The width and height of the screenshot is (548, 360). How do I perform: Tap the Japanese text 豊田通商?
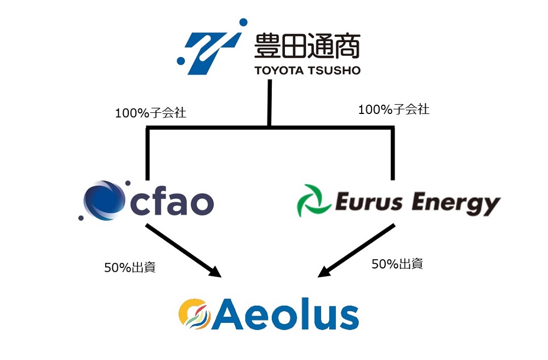click(307, 45)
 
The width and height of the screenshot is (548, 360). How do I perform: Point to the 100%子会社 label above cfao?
click(150, 113)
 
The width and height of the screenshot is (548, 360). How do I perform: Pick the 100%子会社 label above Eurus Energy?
click(393, 109)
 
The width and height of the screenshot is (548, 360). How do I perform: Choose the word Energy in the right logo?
click(455, 203)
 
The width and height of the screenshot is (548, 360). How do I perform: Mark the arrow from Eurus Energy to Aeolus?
click(356, 249)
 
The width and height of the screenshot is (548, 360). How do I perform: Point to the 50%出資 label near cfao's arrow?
click(129, 268)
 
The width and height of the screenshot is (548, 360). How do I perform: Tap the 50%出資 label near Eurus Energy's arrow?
click(397, 264)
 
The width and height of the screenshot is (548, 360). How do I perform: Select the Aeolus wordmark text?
click(284, 314)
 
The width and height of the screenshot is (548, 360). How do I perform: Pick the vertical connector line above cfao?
click(147, 153)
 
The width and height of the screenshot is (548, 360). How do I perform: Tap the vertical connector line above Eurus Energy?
click(392, 153)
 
